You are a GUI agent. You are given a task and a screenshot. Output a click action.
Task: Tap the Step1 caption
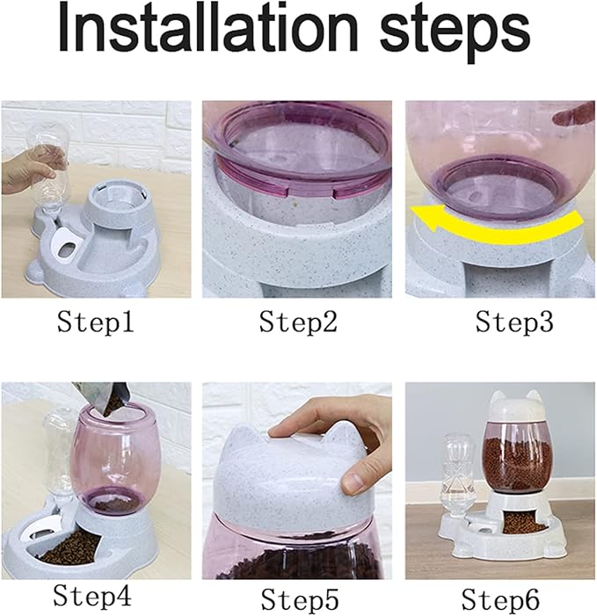pos(96,322)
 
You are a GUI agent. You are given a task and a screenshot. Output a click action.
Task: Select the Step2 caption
pos(298,322)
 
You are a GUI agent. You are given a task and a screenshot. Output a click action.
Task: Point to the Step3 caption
pos(514,322)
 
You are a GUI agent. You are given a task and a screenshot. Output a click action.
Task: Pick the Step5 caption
pos(300,600)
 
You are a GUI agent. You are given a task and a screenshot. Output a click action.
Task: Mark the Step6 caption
pos(500,600)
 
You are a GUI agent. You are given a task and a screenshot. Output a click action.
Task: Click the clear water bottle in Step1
pos(50,166)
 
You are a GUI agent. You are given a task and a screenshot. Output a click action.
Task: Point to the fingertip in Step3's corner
pos(573,113)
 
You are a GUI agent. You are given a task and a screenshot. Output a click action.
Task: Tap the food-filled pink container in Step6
pos(515,457)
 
